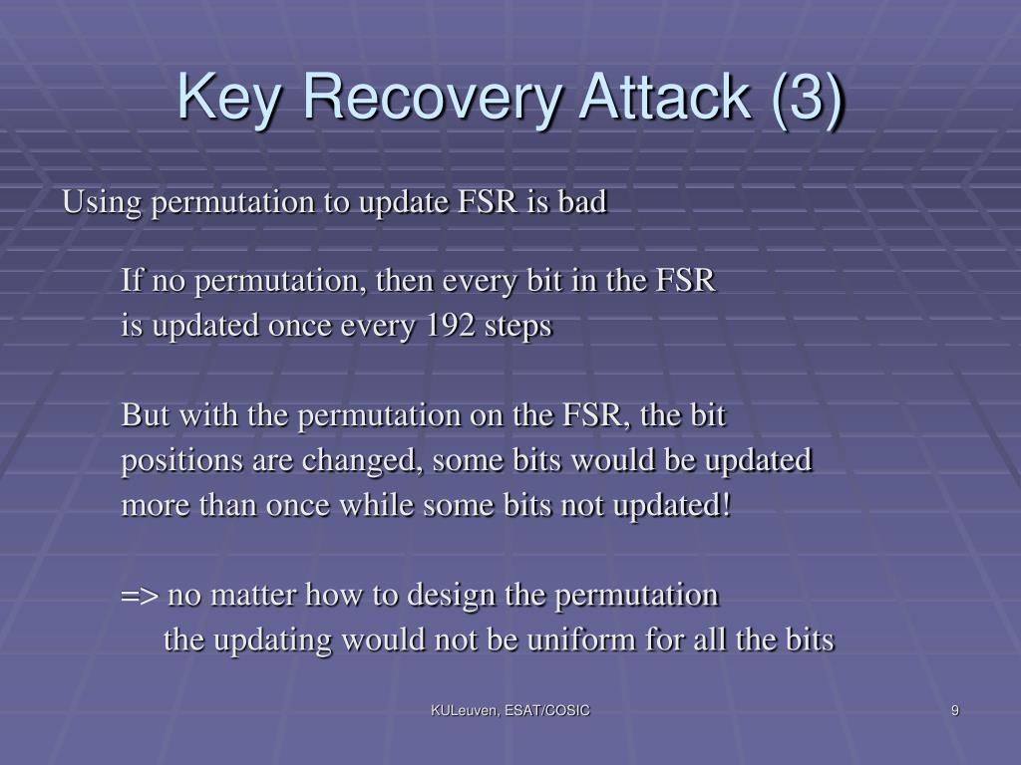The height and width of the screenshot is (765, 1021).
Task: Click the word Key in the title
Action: [229, 99]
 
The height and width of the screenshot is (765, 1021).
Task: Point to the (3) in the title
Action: [807, 98]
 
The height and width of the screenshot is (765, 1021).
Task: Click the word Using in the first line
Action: [101, 203]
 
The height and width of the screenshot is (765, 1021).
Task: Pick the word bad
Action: [582, 201]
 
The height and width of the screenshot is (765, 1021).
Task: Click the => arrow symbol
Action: [140, 596]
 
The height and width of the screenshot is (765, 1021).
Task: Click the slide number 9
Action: [954, 710]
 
